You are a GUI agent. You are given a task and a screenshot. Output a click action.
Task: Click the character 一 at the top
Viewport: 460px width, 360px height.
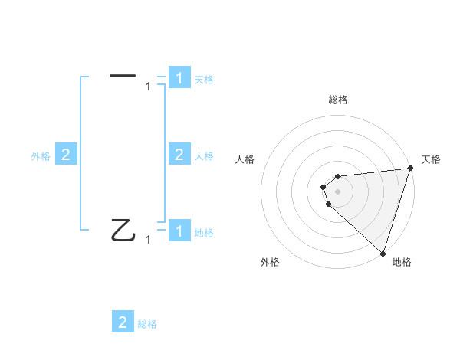click(123, 75)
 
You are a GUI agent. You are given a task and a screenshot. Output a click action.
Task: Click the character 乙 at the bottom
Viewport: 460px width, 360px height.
click(123, 230)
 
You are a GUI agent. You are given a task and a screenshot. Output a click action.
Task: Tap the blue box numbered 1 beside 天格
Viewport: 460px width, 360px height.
click(179, 77)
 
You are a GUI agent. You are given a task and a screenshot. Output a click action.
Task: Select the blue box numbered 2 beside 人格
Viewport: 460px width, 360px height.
click(179, 155)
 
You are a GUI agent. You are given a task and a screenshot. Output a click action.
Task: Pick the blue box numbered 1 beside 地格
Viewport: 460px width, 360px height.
click(179, 231)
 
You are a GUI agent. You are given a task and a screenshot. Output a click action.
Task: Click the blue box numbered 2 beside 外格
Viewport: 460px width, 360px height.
click(66, 155)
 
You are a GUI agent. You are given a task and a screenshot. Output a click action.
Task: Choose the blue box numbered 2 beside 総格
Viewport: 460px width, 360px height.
click(123, 322)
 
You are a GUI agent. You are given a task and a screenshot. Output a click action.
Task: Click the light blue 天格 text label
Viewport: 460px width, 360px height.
click(204, 79)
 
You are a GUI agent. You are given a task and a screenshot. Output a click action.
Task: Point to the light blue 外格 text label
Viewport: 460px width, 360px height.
click(41, 155)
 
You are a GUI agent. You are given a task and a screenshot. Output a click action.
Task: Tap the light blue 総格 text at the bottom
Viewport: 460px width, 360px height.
click(147, 323)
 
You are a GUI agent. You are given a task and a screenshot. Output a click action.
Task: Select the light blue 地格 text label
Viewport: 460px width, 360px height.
click(204, 232)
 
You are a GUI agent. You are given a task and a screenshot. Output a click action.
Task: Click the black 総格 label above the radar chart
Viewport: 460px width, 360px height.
click(338, 100)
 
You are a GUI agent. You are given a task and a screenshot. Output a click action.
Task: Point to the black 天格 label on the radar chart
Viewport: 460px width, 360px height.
click(431, 159)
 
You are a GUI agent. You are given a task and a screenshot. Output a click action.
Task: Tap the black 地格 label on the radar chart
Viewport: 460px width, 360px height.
click(402, 262)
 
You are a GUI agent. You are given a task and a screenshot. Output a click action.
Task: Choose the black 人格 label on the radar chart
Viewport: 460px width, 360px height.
click(245, 159)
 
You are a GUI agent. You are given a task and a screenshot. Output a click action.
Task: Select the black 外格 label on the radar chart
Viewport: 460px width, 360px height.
click(270, 262)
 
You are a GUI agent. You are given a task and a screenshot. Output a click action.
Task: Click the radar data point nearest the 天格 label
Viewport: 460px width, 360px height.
click(409, 169)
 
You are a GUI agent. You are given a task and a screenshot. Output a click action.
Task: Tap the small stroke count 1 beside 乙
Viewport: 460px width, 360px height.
click(148, 240)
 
